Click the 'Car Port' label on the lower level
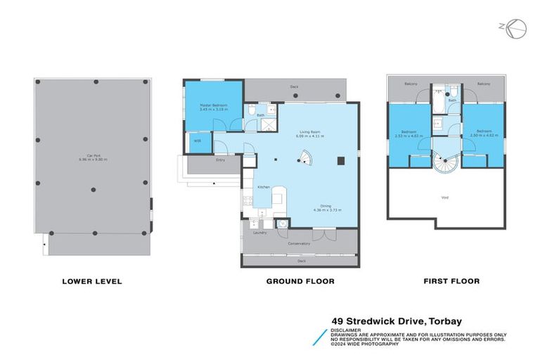point(92,157)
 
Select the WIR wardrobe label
point(197,141)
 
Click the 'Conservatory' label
point(298,243)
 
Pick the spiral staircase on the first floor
point(445,163)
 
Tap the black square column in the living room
point(340,160)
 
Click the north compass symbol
point(517,27)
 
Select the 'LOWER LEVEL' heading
point(92,281)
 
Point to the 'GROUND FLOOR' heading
point(300,281)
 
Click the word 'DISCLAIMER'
point(348,330)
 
